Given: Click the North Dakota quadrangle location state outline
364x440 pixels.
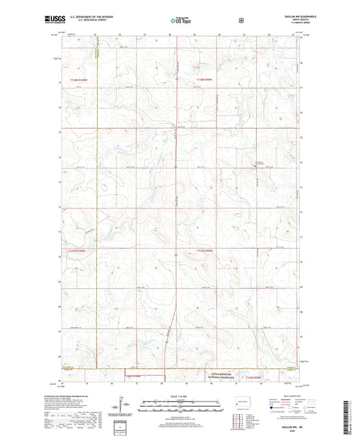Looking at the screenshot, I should pos(242,402).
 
